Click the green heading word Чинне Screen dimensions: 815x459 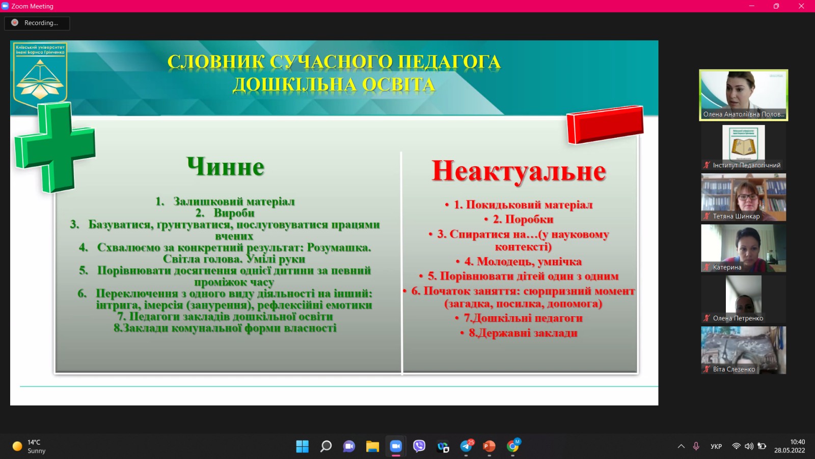[225, 167]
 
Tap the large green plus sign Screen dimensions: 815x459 [55, 147]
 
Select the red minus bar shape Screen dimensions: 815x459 [605, 124]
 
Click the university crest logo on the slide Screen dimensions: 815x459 [40, 74]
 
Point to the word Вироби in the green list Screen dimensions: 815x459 [234, 213]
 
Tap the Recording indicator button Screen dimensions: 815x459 [37, 22]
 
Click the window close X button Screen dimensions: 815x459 [801, 6]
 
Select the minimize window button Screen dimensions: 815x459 [752, 6]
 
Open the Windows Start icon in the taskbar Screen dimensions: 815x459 [303, 446]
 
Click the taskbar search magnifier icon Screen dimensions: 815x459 [325, 446]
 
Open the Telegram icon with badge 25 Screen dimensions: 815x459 [467, 446]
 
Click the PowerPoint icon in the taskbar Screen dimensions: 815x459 [489, 446]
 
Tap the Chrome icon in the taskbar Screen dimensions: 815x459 [512, 446]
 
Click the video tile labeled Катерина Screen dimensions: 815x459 [743, 248]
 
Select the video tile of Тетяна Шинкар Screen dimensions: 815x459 [743, 197]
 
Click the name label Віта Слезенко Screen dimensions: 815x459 [733, 369]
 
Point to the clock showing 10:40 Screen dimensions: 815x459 [797, 442]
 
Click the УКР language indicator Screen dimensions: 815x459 [716, 446]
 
